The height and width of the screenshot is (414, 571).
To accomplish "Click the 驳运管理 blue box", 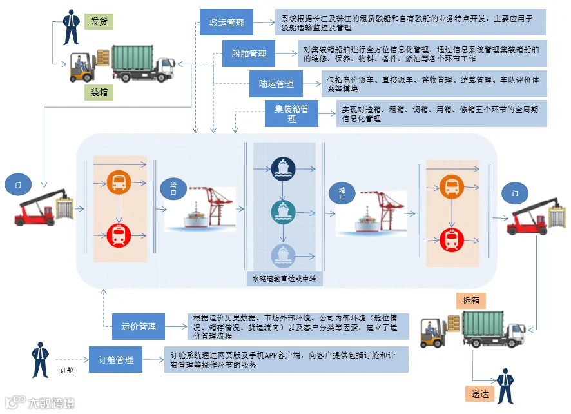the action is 226,22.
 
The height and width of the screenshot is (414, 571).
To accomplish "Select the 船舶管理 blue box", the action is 249,54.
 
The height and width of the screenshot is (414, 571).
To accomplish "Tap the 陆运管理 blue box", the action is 276,84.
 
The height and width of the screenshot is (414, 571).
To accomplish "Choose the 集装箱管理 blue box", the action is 291,113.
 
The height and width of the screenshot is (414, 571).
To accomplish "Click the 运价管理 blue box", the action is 139,326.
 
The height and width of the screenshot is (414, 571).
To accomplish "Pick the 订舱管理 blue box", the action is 115,359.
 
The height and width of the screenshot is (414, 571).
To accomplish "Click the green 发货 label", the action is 99,21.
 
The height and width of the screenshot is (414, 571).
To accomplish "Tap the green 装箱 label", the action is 99,92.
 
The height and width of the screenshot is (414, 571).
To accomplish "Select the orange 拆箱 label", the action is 471,301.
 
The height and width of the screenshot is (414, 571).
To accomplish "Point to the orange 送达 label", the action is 479,394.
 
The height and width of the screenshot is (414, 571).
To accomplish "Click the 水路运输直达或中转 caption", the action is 284,279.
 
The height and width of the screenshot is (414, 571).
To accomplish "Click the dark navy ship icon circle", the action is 284,169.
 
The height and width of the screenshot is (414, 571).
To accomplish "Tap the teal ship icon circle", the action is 284,212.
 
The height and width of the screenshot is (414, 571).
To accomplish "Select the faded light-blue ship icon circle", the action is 284,255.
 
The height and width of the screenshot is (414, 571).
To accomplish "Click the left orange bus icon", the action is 119,182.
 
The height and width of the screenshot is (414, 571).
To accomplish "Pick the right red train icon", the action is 452,240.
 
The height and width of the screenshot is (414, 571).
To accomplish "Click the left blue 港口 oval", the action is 173,189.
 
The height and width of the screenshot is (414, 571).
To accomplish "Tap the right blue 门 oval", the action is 515,193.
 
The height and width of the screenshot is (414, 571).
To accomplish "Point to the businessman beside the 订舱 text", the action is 40,360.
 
